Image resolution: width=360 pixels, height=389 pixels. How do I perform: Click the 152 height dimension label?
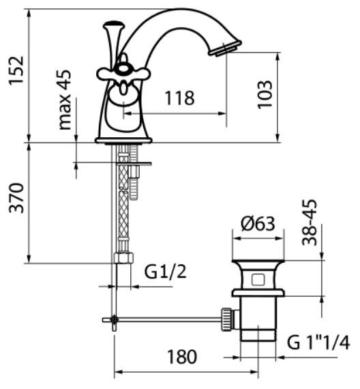pyautogui.click(x=16, y=71)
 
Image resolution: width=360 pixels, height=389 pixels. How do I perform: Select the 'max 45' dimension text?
pyautogui.click(x=64, y=100)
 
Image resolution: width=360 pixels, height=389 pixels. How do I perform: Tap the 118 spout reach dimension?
pyautogui.click(x=180, y=98)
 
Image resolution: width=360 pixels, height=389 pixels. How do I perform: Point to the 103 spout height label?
pyautogui.click(x=265, y=95)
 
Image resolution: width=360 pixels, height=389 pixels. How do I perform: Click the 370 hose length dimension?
pyautogui.click(x=16, y=198)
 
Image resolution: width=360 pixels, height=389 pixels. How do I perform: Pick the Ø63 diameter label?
pyautogui.click(x=258, y=224)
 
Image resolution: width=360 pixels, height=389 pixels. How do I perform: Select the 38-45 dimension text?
pyautogui.click(x=310, y=222)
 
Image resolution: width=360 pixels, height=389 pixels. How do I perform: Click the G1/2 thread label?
pyautogui.click(x=166, y=272)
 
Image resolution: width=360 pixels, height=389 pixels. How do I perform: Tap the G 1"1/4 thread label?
pyautogui.click(x=318, y=343)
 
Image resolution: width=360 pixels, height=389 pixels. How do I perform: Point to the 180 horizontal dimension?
pyautogui.click(x=182, y=357)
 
